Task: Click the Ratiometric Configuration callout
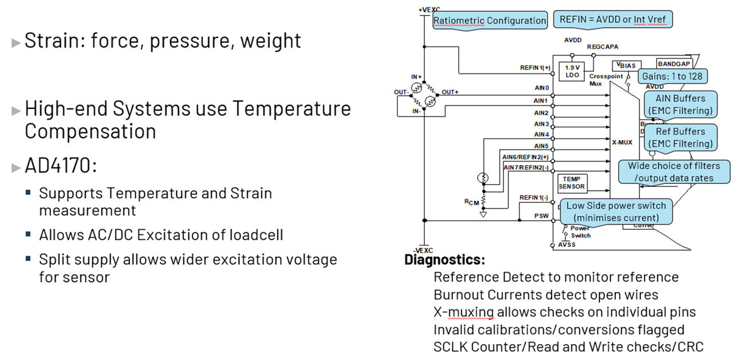[x=489, y=21]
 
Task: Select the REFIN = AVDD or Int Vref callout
[x=612, y=19]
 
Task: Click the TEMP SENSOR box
[x=572, y=183]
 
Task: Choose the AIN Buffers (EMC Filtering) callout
[x=680, y=104]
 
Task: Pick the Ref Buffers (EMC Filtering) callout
[x=680, y=138]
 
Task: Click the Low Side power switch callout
[x=616, y=212]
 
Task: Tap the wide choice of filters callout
[x=674, y=172]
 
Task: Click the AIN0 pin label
[x=541, y=88]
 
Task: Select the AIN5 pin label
[x=541, y=146]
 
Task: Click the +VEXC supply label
[x=428, y=10]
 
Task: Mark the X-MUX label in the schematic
[x=622, y=142]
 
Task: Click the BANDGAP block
[x=674, y=65]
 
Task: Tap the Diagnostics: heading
[x=444, y=260]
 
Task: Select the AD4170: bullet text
[x=61, y=166]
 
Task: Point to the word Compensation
[x=90, y=131]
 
